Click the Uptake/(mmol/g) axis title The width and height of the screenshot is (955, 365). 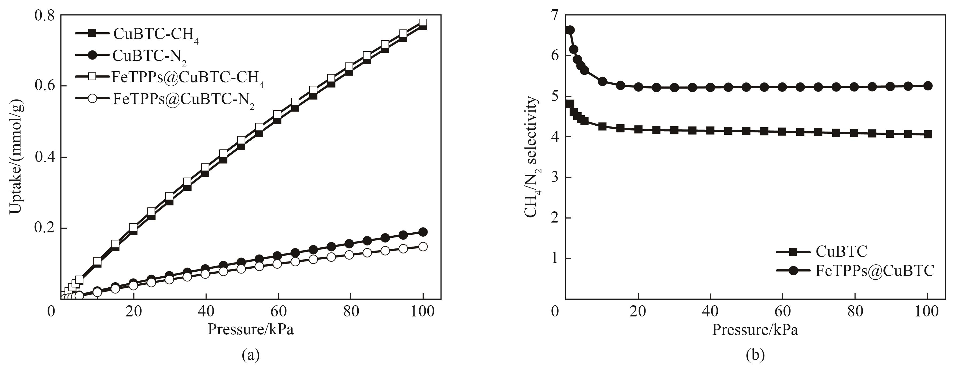pos(16,157)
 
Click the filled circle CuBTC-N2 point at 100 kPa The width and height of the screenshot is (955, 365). pos(423,232)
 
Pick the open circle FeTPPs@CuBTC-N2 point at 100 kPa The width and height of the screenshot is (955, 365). pos(423,247)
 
